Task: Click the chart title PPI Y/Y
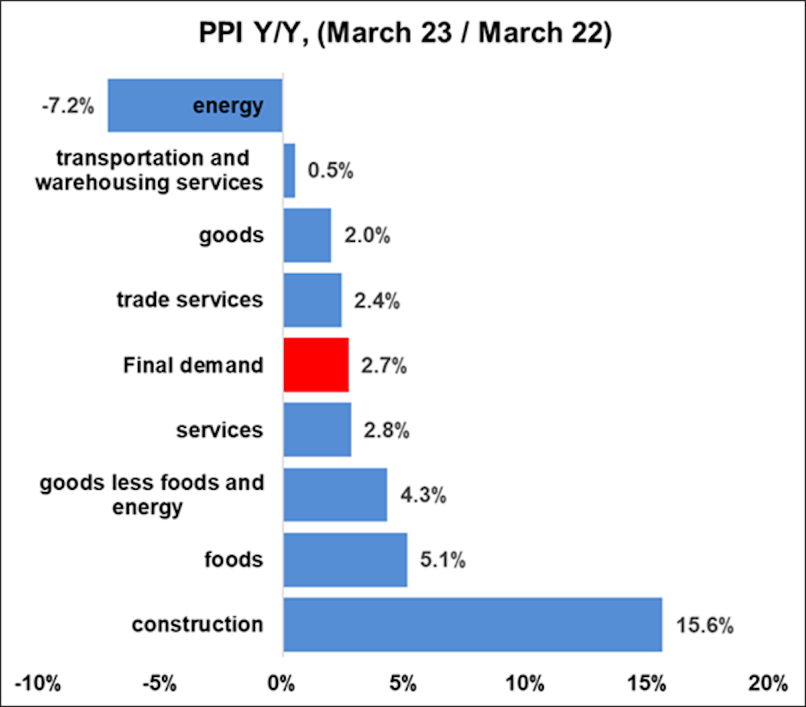[x=402, y=35]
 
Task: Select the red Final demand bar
[x=316, y=365]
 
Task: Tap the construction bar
[x=472, y=624]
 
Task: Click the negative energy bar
[x=194, y=105]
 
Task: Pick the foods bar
[x=345, y=560]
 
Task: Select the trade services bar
[x=312, y=300]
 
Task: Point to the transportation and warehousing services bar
[x=289, y=170]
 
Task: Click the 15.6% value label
[x=704, y=626]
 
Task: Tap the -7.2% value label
[x=68, y=105]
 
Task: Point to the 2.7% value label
[x=383, y=365]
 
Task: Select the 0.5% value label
[x=331, y=171]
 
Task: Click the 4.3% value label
[x=424, y=495]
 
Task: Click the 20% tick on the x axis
[x=767, y=683]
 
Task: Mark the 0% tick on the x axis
[x=283, y=683]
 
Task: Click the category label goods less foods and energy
[x=152, y=494]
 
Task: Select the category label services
[x=220, y=430]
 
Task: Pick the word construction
[x=198, y=624]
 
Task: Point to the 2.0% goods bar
[x=307, y=235]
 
